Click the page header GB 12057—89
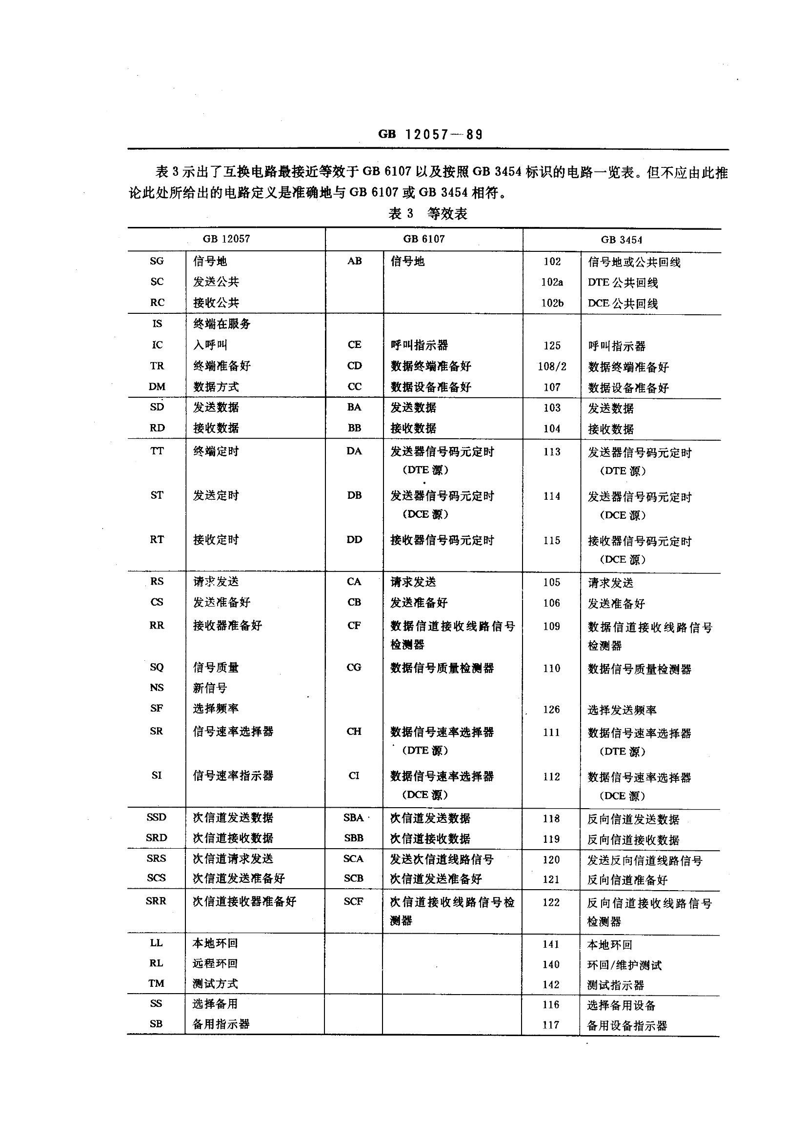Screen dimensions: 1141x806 pos(430,135)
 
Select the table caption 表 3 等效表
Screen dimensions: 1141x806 pos(427,214)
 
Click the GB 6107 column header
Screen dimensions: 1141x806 pos(424,239)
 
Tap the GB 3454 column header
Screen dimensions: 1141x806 pos(621,240)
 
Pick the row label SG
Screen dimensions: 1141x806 pos(157,261)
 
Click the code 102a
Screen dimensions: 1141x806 pos(552,282)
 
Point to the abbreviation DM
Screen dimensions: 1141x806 pos(157,387)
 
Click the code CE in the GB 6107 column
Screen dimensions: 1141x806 pos(354,345)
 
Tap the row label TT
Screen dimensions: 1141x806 pos(157,451)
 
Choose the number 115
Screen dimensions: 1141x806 pos(552,541)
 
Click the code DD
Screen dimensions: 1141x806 pos(354,540)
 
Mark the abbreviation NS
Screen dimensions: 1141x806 pos(157,688)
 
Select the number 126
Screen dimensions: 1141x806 pos(552,710)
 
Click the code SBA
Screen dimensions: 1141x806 pos(353,818)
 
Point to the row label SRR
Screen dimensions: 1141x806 pos(156,901)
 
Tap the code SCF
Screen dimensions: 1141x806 pos(353,901)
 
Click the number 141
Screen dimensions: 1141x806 pos(551,945)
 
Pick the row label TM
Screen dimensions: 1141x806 pos(156,983)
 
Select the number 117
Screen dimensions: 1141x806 pos(550,1025)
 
